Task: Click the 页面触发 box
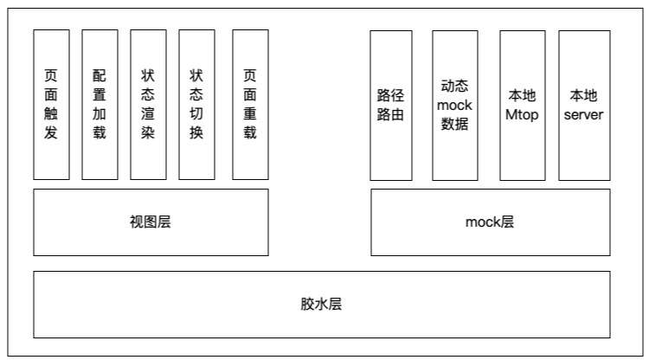51,105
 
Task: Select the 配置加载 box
100,105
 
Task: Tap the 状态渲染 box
148,105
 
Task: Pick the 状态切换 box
196,105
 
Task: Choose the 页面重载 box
250,105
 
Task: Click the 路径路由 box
391,106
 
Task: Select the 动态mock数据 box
455,106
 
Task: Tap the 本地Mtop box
523,106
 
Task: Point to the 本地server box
584,106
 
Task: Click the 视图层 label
151,222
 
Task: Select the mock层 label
490,222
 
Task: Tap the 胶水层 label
321,304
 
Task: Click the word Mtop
522,114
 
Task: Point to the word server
583,114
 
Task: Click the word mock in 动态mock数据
454,105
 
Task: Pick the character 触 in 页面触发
51,113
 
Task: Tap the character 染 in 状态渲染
148,132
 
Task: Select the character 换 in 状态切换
196,132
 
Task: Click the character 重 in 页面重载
250,113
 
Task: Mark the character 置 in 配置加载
100,94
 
